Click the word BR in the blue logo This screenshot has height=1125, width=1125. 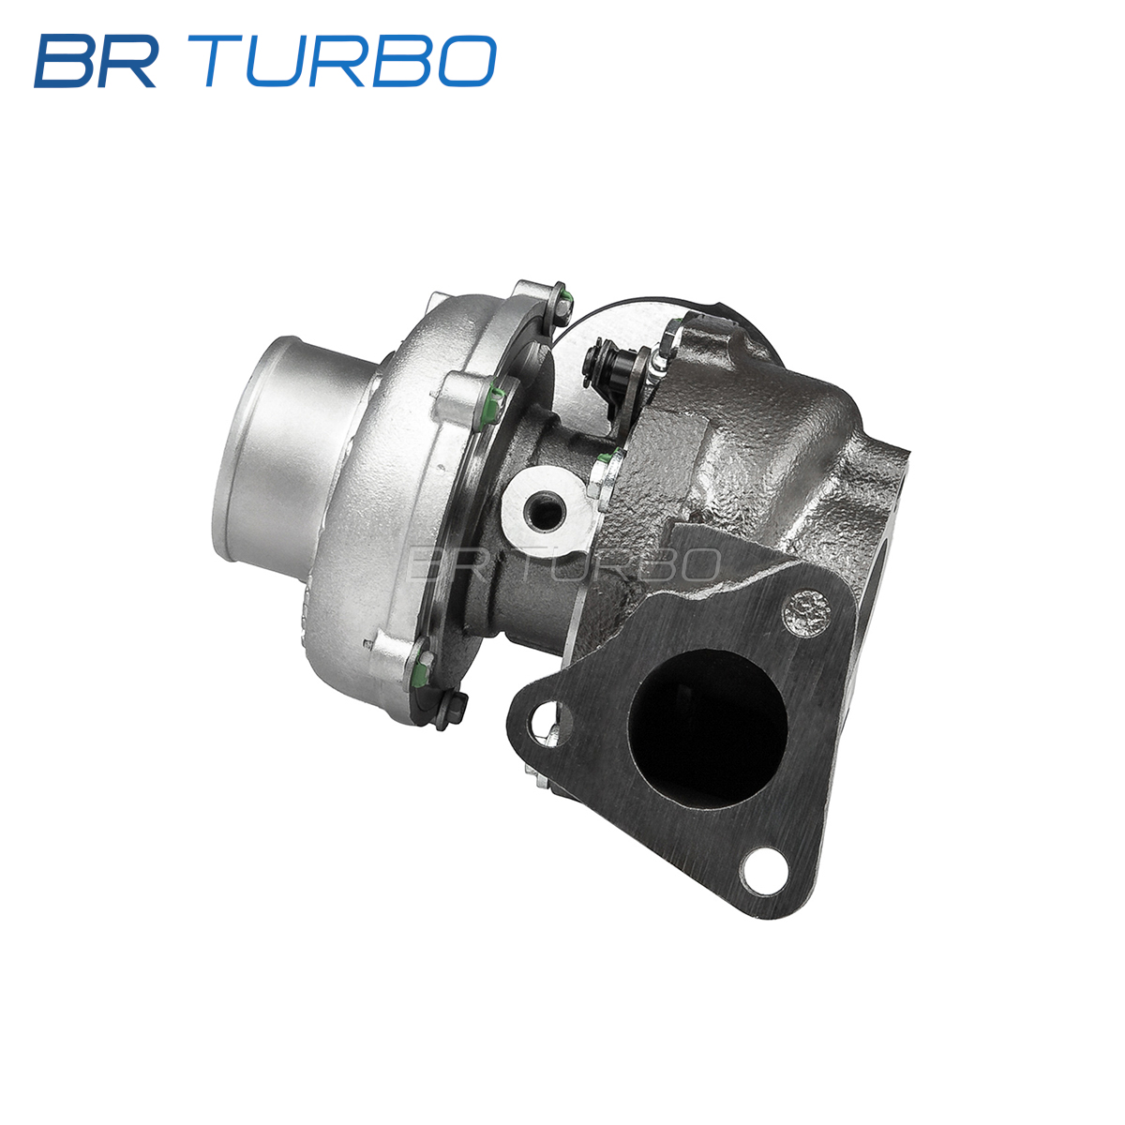point(96,61)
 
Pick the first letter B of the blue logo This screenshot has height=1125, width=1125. point(65,61)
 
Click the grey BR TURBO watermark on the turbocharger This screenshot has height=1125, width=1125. point(564,564)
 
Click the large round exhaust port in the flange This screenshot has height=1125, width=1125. point(708,729)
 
